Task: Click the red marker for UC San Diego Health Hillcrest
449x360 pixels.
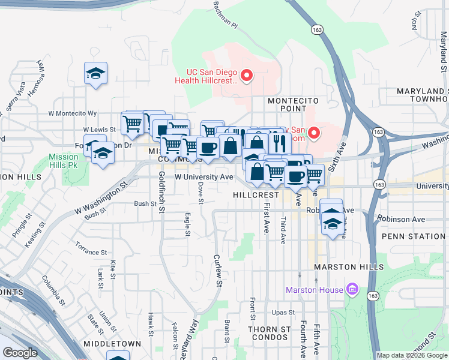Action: [x=246, y=76]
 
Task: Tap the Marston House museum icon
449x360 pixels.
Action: [x=353, y=290]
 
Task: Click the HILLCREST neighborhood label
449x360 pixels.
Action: [x=256, y=195]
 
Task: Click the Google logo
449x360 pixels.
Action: [x=20, y=353]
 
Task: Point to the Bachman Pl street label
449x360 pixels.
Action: [x=226, y=15]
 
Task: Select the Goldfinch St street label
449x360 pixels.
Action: [x=161, y=192]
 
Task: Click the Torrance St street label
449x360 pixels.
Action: [x=91, y=247]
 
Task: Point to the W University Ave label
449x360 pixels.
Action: [x=203, y=177]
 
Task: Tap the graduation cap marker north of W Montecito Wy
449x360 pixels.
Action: [x=95, y=73]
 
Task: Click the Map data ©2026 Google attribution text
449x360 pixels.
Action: [x=412, y=355]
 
